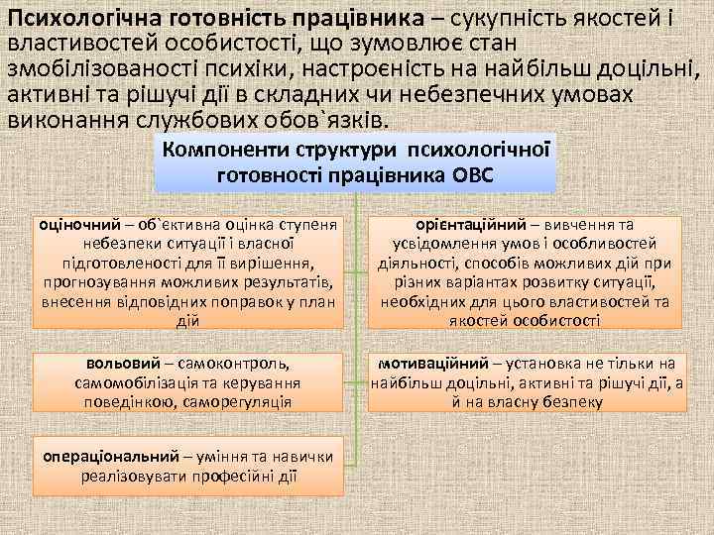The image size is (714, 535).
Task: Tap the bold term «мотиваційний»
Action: [x=429, y=363]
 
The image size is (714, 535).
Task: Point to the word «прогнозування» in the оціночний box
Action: [x=90, y=282]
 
